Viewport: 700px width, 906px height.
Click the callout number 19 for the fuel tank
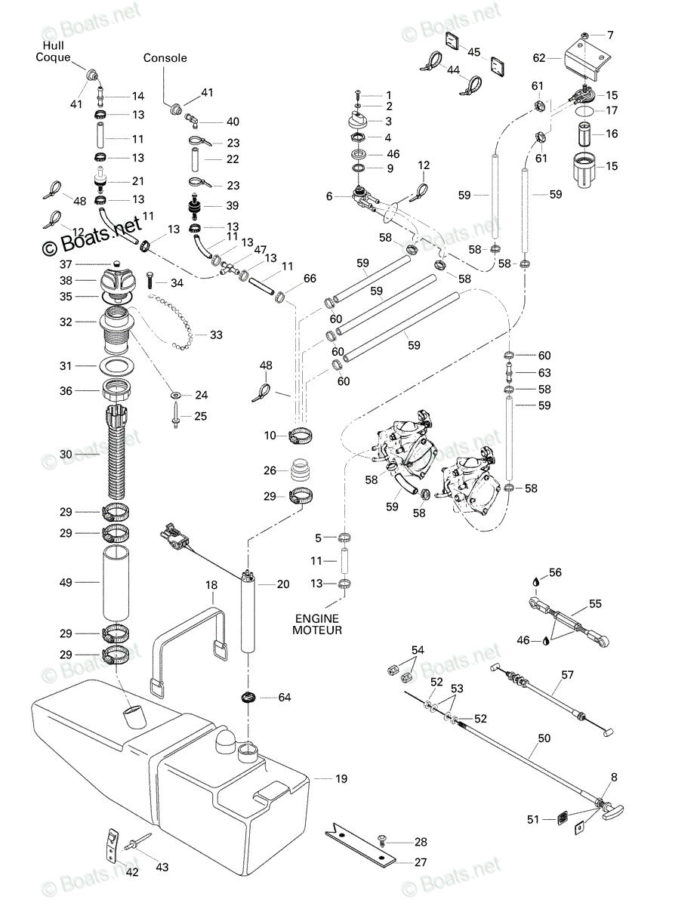click(x=341, y=778)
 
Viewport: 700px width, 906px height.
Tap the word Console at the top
click(x=165, y=57)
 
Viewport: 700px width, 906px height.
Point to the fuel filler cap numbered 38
click(x=115, y=282)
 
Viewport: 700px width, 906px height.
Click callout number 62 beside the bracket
click(x=538, y=58)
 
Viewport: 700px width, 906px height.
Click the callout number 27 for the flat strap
click(x=421, y=861)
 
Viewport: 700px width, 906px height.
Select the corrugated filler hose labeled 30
click(x=116, y=452)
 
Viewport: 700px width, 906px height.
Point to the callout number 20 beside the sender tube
click(x=283, y=584)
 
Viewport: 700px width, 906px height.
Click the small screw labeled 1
click(x=357, y=94)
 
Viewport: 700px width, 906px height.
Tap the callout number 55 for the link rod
click(x=595, y=604)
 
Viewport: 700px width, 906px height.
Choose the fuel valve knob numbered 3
click(x=358, y=121)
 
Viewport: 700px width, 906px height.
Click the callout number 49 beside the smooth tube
click(x=66, y=582)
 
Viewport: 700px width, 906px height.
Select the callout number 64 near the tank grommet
click(x=285, y=697)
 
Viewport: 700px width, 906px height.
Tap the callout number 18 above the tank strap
click(x=211, y=585)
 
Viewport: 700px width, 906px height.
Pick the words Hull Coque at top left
click(x=53, y=51)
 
